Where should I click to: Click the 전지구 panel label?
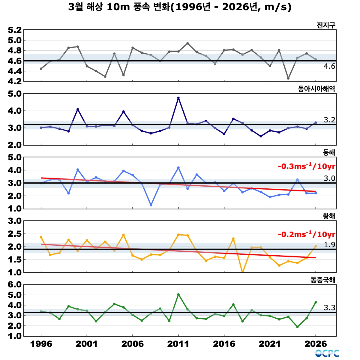326,25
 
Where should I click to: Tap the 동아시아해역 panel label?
316,89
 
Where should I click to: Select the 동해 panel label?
329,152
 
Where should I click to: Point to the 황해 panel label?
329,216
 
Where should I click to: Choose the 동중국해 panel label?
323,280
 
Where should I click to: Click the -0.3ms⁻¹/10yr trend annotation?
306,166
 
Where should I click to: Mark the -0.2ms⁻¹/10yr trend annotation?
306,234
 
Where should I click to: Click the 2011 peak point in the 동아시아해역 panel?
178,98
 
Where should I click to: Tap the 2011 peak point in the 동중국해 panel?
178,295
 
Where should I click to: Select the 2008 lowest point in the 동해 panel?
151,205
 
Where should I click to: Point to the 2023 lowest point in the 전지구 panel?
288,78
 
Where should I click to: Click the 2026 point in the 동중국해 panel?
316,302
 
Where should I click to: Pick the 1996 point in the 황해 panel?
41,237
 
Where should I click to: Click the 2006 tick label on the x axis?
133,344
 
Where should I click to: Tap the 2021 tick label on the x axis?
270,344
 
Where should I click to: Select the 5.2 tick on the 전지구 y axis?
15,30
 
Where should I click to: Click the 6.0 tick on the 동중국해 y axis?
15,285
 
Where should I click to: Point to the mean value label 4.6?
329,66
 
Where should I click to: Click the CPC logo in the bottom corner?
327,353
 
